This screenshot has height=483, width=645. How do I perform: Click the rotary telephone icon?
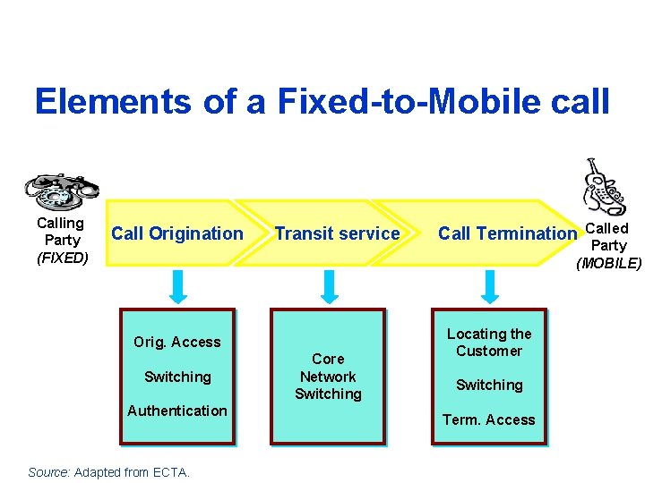(x=60, y=191)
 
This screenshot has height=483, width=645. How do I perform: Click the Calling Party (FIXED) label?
(x=62, y=241)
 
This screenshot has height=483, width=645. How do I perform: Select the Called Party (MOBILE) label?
(x=608, y=245)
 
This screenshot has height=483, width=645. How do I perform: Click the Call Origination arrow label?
(x=176, y=233)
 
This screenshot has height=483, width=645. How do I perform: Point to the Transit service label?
(x=337, y=233)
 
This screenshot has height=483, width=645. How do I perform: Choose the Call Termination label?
(x=507, y=233)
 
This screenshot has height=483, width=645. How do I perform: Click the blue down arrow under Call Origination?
(x=178, y=286)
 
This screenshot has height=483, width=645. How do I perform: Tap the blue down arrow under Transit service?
(x=329, y=286)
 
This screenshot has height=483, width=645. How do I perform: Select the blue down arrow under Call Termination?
(x=489, y=286)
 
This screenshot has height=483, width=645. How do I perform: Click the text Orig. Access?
(x=176, y=342)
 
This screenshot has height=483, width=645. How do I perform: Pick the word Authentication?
(x=176, y=411)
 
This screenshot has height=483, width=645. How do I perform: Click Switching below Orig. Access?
(x=177, y=377)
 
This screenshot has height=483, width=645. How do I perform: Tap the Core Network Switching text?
(x=328, y=377)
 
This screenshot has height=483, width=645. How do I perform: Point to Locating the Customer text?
(x=489, y=342)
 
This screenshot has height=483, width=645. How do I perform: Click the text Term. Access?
(x=489, y=419)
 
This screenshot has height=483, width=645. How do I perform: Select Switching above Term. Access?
(x=489, y=385)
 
